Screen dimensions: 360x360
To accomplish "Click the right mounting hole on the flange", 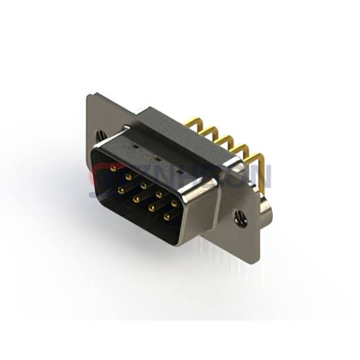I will coord(241,220).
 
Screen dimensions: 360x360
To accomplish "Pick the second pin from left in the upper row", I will coord(128,176).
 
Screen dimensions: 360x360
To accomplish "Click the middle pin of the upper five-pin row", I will coord(143,185).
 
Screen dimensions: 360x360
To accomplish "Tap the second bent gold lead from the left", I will coord(208,130).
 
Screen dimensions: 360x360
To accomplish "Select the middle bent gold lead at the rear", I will coord(223,139).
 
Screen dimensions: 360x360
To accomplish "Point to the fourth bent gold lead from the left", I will coord(239,148).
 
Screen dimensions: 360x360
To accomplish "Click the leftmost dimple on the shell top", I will coord(133,145).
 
